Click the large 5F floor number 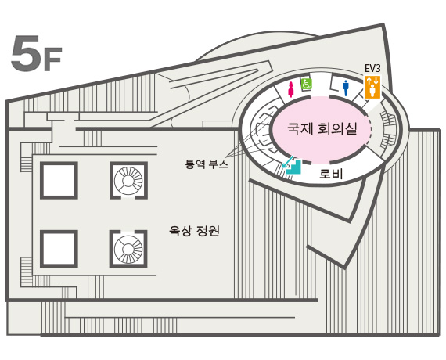click(x=37, y=53)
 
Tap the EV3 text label click(x=372, y=69)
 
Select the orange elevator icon click(x=372, y=87)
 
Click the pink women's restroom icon click(x=291, y=88)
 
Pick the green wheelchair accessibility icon click(x=307, y=84)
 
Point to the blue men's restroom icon click(x=346, y=88)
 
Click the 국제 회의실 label click(x=322, y=128)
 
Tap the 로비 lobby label click(x=331, y=174)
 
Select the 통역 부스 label click(x=207, y=164)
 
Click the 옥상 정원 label click(x=194, y=231)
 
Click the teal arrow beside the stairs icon click(x=288, y=161)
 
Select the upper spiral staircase click(x=128, y=181)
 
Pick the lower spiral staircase click(x=128, y=249)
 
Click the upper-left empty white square click(x=59, y=181)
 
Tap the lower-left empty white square click(x=59, y=249)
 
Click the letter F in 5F click(x=52, y=59)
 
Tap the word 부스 click(x=218, y=164)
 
